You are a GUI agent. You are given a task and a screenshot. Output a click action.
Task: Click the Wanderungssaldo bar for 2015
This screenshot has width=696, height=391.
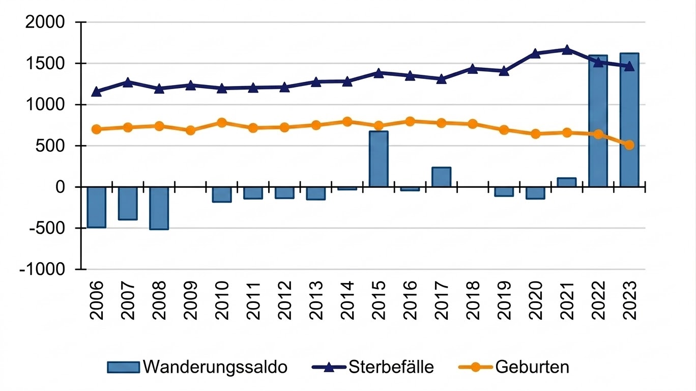tap(379, 159)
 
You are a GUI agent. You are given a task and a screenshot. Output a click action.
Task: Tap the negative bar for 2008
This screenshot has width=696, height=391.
tap(159, 208)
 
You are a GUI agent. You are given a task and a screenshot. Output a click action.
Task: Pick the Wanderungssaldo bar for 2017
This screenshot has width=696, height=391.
tap(441, 177)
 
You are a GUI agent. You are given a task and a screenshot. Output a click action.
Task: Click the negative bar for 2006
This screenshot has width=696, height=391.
tap(96, 207)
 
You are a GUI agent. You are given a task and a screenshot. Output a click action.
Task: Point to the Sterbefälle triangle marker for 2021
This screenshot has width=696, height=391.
tap(567, 49)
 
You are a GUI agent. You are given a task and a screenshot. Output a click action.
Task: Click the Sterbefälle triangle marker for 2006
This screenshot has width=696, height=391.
tap(96, 92)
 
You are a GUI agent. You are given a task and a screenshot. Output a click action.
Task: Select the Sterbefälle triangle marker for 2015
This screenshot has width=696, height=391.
tap(379, 73)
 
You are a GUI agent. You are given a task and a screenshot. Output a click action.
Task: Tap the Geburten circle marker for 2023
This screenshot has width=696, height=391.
tap(629, 145)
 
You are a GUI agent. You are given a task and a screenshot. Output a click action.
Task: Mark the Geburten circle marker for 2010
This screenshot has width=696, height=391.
tap(222, 123)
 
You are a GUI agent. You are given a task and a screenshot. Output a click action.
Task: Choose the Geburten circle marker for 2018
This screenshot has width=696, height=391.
tap(473, 124)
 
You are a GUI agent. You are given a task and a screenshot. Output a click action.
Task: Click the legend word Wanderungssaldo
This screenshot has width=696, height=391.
tap(215, 367)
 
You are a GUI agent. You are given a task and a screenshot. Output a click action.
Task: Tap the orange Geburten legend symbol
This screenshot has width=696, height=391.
tap(475, 367)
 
